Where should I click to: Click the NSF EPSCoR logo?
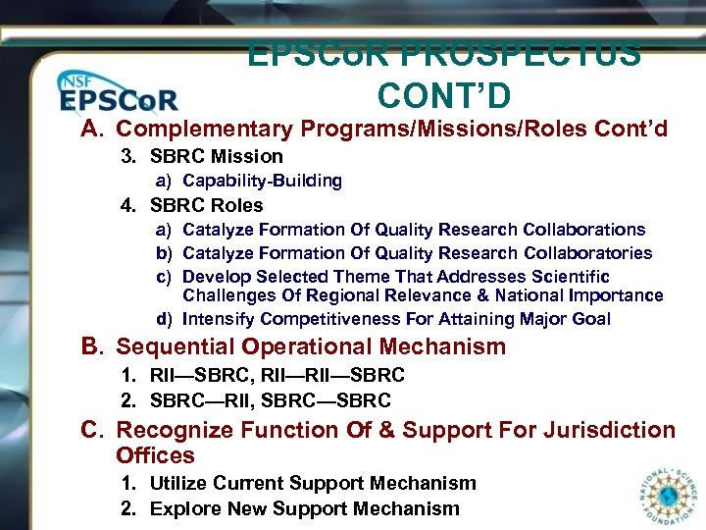tap(117, 94)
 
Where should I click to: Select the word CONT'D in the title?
tap(443, 95)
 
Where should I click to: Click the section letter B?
tap(92, 346)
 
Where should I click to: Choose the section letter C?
tap(92, 430)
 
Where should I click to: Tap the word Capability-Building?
tap(262, 181)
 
